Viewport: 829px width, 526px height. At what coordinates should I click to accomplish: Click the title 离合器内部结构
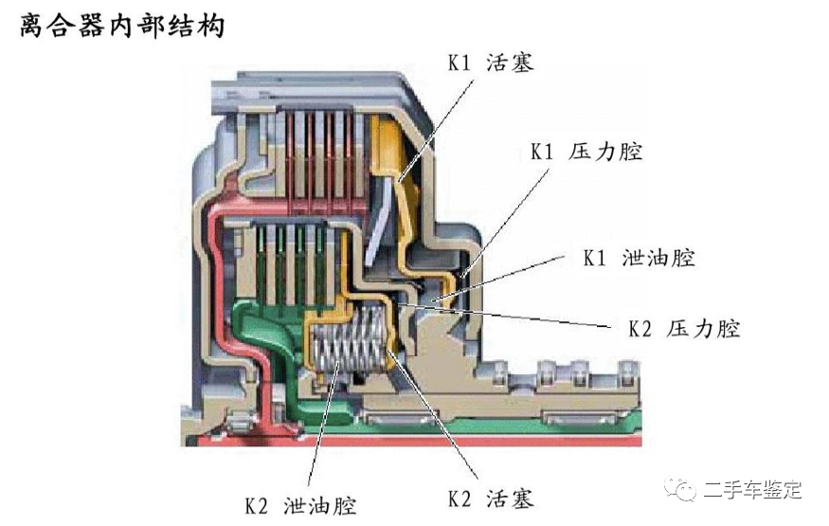pos(123,26)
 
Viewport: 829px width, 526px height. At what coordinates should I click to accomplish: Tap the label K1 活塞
pos(491,63)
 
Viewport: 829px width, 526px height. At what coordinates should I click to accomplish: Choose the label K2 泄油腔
pos(299,504)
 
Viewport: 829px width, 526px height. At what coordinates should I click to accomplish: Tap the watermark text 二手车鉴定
pos(753,490)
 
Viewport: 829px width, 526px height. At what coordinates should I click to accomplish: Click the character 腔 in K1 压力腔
pos(630,152)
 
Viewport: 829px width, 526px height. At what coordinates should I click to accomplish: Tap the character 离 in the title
pos(34,26)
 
